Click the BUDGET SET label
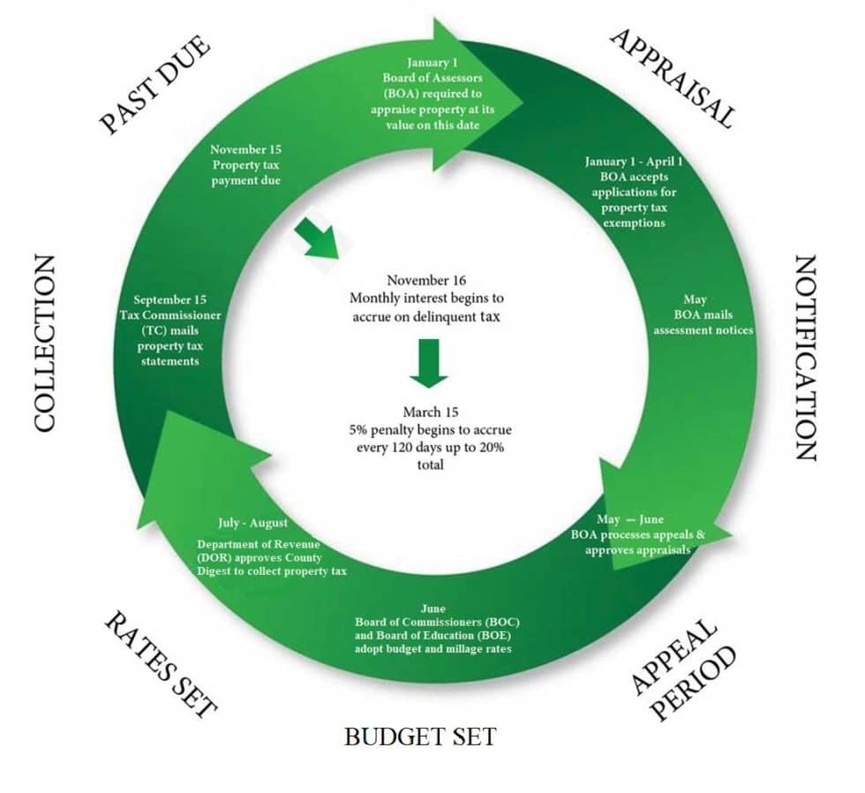click(x=420, y=736)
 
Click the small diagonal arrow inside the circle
click(x=316, y=238)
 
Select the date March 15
click(x=431, y=412)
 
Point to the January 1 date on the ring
click(x=432, y=63)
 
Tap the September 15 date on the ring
click(x=170, y=300)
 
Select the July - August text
click(x=252, y=523)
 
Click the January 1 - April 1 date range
click(x=634, y=162)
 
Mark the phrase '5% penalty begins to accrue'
click(x=430, y=429)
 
